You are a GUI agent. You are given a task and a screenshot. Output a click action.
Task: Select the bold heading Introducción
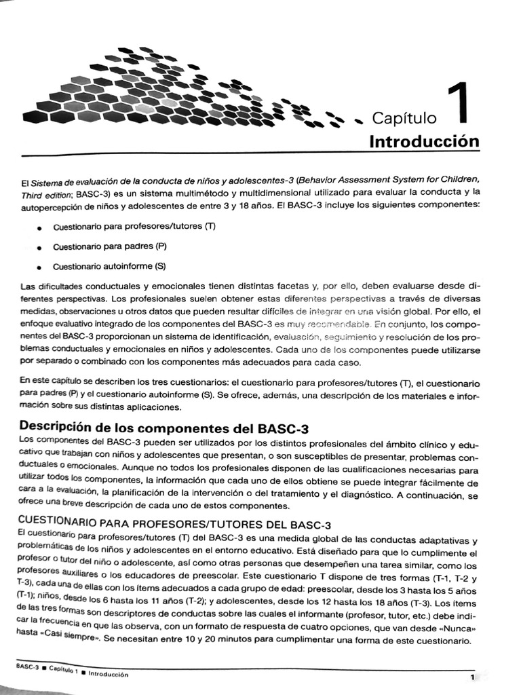[424, 142]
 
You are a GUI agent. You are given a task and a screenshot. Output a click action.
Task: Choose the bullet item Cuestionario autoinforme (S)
[109, 266]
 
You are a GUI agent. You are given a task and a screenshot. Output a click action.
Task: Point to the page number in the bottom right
[471, 677]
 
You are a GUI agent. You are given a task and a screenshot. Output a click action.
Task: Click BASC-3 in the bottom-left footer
[26, 666]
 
